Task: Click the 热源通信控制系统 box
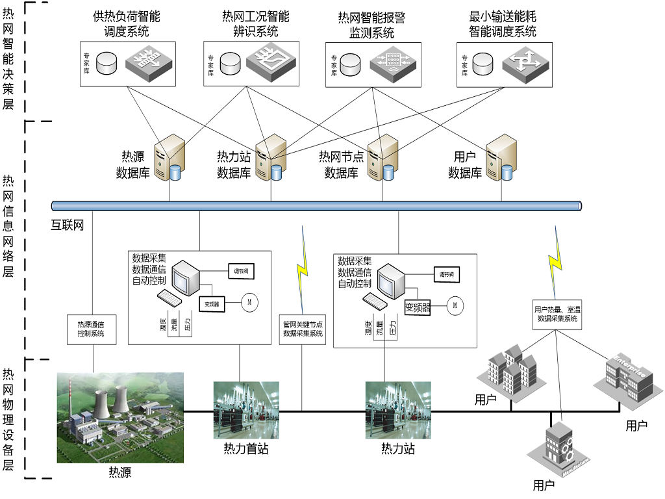[95, 329]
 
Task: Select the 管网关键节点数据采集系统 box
[303, 329]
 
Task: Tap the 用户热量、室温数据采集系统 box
[556, 314]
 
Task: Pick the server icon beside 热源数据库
[169, 159]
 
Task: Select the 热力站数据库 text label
[234, 165]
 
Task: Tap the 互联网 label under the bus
[68, 226]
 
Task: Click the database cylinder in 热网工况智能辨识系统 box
[231, 62]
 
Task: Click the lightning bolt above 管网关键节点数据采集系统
[302, 267]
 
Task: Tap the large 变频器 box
[418, 307]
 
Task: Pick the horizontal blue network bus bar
[316, 206]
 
